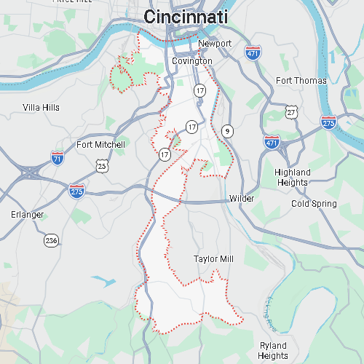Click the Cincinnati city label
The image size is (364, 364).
[x=186, y=17]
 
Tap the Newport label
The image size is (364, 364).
[x=214, y=44]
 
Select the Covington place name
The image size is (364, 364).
[x=192, y=61]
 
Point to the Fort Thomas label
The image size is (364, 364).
[x=301, y=80]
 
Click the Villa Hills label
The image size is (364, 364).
[x=41, y=107]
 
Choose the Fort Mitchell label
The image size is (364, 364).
[x=100, y=145]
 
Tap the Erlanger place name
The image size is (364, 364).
[x=28, y=215]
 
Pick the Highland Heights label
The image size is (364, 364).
[x=293, y=178]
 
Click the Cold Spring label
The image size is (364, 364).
[x=314, y=204]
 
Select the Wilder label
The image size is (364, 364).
[x=241, y=199]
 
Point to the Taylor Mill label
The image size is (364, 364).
[x=214, y=258]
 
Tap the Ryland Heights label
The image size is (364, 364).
[x=273, y=350]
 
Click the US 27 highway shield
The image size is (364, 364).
[x=292, y=112]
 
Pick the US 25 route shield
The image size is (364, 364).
[x=102, y=166]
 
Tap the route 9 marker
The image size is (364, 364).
[x=228, y=131]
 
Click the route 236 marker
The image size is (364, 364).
[x=51, y=240]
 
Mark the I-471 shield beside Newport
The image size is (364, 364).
[x=253, y=54]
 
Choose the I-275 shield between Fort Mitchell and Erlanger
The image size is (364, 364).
[x=76, y=191]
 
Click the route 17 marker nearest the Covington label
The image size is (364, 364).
[x=200, y=90]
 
